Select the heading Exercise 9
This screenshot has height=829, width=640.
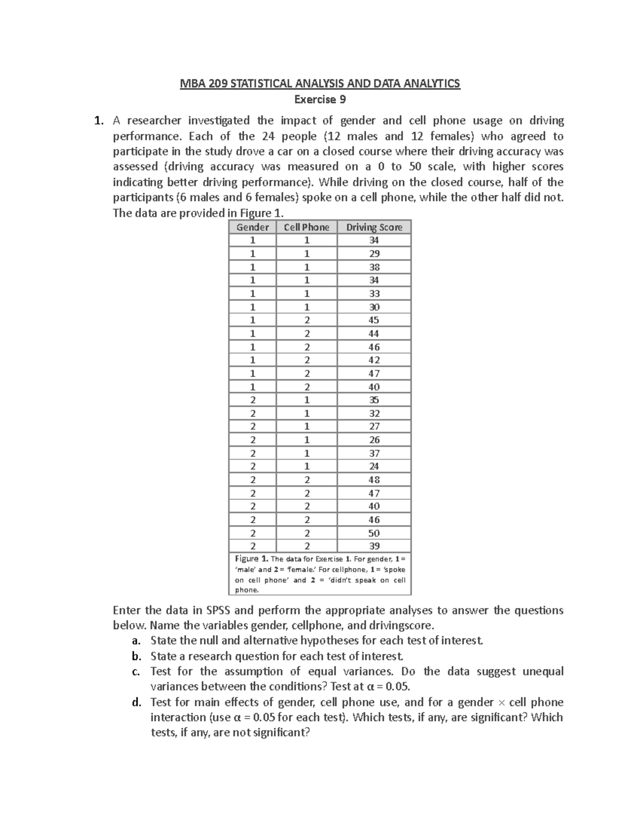[320, 99]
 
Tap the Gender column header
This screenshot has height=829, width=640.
[252, 227]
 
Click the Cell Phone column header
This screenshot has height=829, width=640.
[307, 227]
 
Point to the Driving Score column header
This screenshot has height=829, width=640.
[374, 227]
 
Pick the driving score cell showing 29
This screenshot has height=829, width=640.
[374, 254]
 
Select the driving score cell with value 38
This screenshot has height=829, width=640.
[374, 267]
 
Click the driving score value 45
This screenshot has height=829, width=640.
[374, 320]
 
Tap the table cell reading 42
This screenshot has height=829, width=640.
[374, 360]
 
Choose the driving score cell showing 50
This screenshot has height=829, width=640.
[374, 533]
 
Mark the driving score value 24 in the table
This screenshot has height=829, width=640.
[374, 466]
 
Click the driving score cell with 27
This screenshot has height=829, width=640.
[374, 427]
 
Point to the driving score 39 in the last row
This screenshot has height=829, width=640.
[374, 546]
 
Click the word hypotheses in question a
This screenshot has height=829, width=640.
[326, 641]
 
